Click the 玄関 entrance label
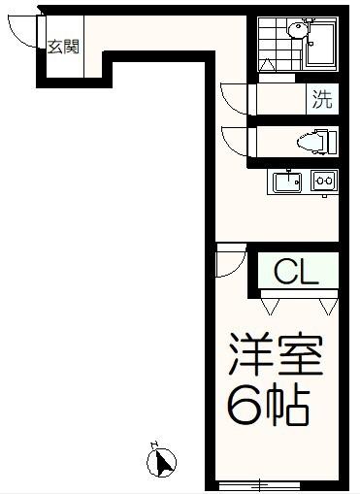click(66, 47)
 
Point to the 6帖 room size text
click(269, 407)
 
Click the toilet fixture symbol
click(313, 142)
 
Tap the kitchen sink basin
click(286, 181)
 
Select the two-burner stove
click(323, 181)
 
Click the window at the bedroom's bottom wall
click(258, 484)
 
